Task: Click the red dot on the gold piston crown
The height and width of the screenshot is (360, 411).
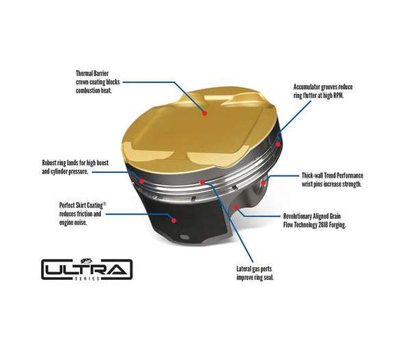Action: (x=205, y=111)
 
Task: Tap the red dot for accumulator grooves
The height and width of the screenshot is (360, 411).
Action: (x=278, y=144)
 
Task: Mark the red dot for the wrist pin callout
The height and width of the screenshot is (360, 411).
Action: (x=264, y=182)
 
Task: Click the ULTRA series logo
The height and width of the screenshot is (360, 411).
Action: (x=86, y=269)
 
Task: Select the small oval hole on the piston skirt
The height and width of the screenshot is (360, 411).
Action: (x=183, y=236)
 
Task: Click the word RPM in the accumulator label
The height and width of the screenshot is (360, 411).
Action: (x=342, y=95)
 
